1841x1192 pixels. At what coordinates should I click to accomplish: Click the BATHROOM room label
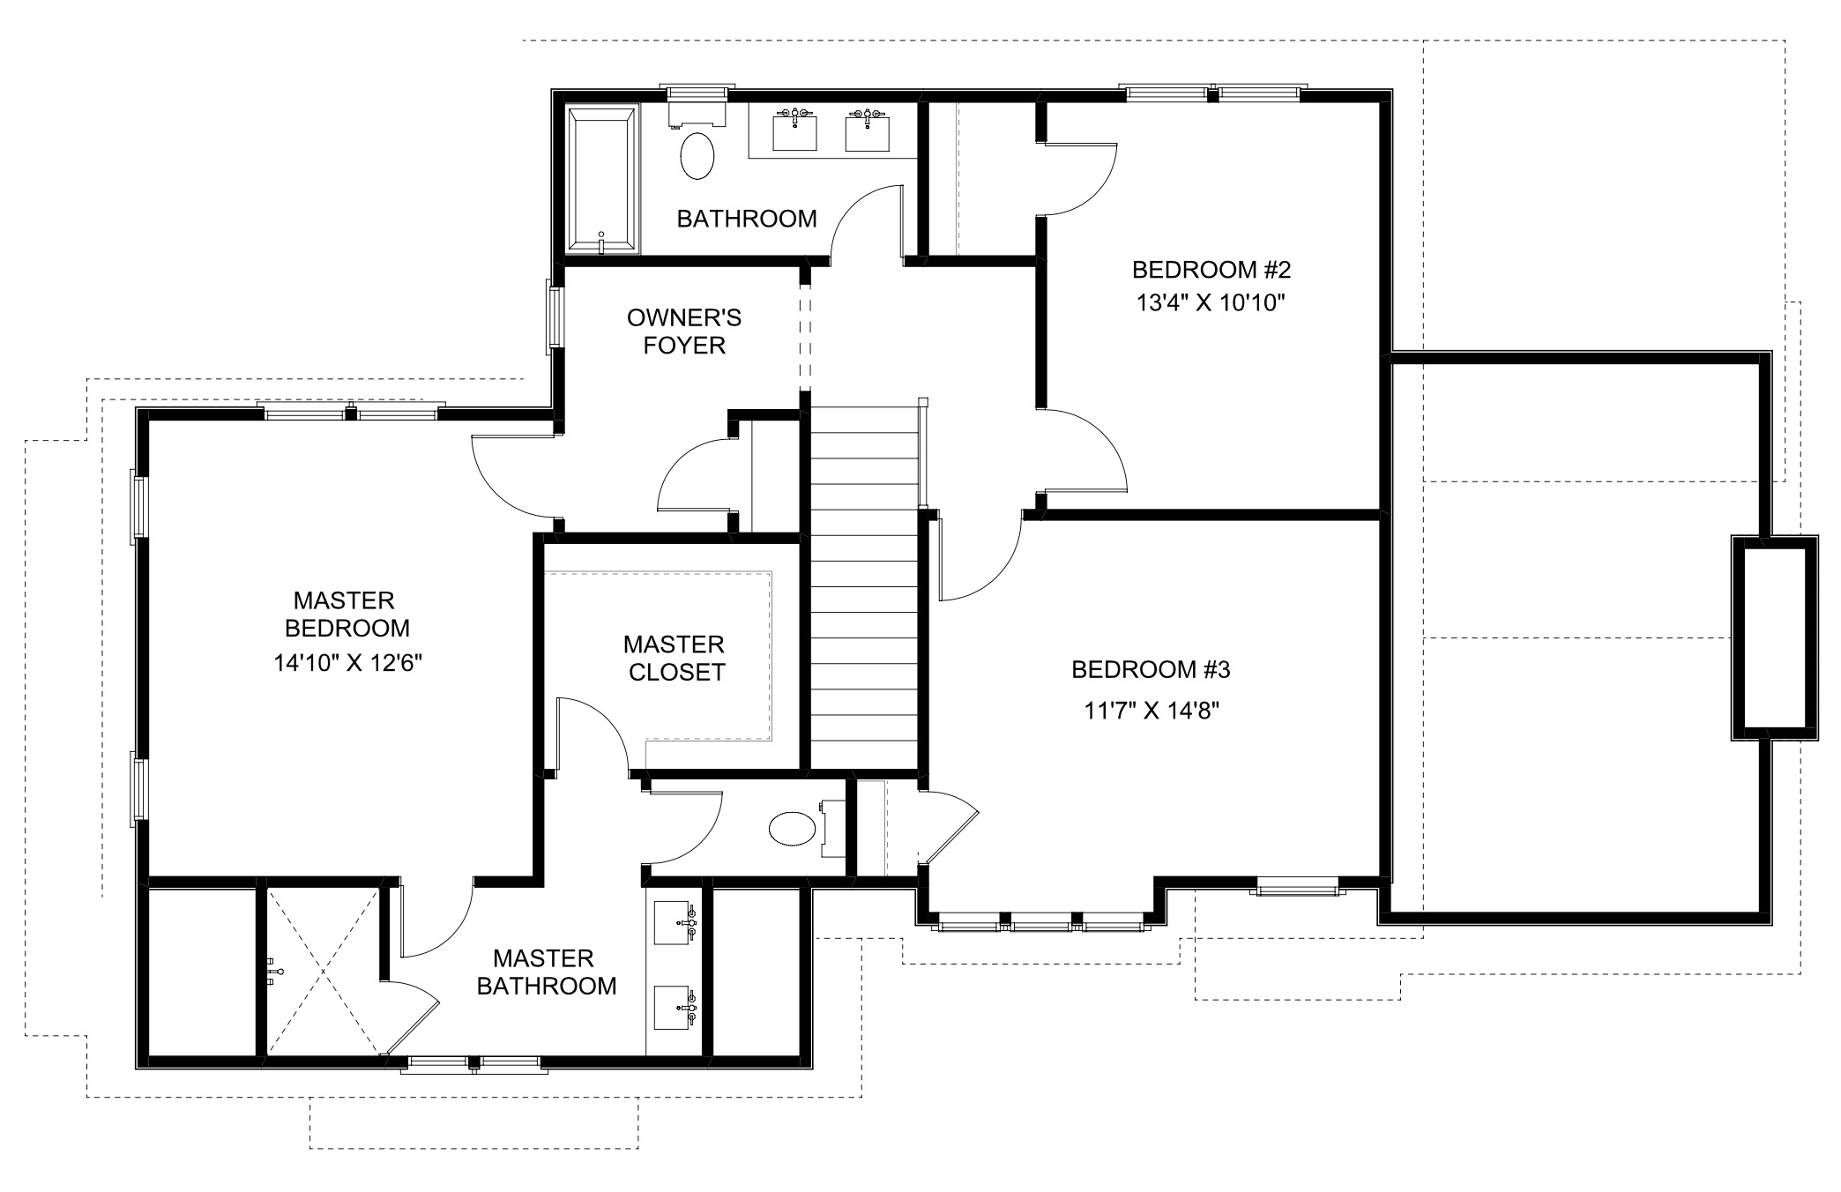[746, 219]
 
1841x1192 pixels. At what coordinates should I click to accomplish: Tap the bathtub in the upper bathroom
[602, 180]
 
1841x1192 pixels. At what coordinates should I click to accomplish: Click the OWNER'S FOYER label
[683, 331]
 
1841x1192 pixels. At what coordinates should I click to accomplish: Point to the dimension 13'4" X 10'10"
[1211, 303]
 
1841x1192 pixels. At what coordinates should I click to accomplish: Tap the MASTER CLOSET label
[675, 658]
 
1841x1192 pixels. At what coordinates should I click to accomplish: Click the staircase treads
[864, 591]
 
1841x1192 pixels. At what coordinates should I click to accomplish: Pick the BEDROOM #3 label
[1150, 670]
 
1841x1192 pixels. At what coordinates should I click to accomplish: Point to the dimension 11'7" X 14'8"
[1151, 711]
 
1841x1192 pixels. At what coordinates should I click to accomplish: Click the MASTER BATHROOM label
[546, 972]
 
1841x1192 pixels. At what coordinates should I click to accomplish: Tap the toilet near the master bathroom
[792, 830]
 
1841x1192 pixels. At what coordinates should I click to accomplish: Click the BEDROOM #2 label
[1211, 269]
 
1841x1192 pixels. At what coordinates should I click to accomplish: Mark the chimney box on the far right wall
[1774, 637]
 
